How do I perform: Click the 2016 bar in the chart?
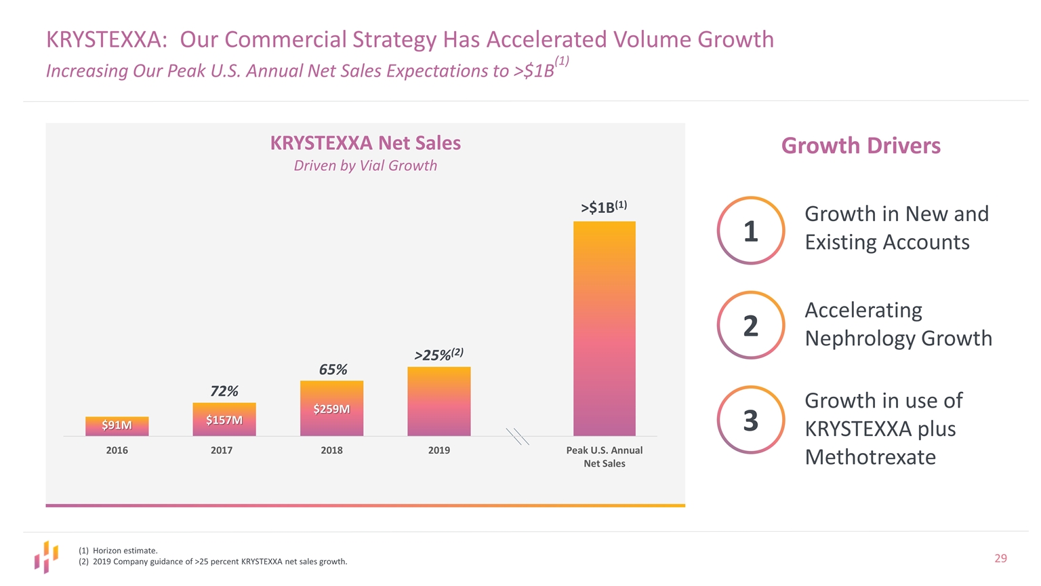pyautogui.click(x=117, y=427)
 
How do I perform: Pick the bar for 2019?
pyautogui.click(x=438, y=402)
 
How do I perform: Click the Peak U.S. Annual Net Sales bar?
pyautogui.click(x=604, y=328)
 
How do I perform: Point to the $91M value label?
pyautogui.click(x=117, y=425)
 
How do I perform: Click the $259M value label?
pyautogui.click(x=331, y=409)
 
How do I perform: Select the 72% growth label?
pyautogui.click(x=224, y=391)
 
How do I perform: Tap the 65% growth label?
pyautogui.click(x=333, y=370)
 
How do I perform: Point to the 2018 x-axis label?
pyautogui.click(x=331, y=450)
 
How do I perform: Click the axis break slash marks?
pyautogui.click(x=517, y=436)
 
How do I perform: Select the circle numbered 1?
pyautogui.click(x=750, y=231)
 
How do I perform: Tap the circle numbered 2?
pyautogui.click(x=750, y=326)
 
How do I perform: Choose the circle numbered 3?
pyautogui.click(x=750, y=420)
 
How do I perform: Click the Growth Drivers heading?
pyautogui.click(x=861, y=146)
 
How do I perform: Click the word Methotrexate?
pyautogui.click(x=870, y=457)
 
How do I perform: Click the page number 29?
pyautogui.click(x=1000, y=558)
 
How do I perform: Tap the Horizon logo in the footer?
pyautogui.click(x=46, y=557)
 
